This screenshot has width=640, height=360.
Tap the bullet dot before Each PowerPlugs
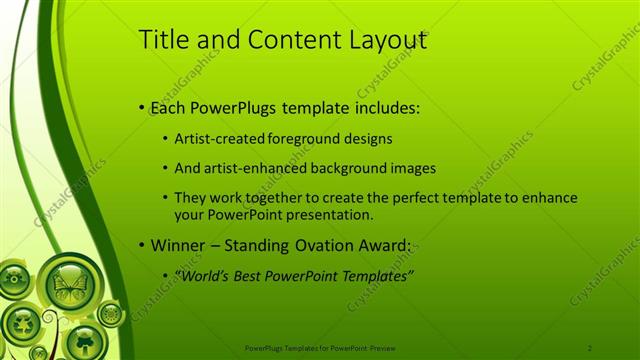[143, 106]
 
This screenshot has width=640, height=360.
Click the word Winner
[178, 245]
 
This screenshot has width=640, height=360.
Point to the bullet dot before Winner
[143, 245]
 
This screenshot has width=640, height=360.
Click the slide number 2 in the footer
[590, 347]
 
